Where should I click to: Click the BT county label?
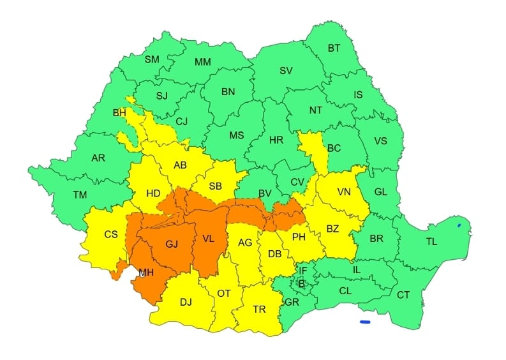coord(334,49)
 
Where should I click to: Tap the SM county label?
coord(152,59)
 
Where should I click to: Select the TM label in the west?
coord(80,196)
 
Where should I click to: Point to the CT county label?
coord(403,295)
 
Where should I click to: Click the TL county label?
coord(432,243)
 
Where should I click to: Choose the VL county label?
coord(209,239)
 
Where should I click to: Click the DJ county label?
coord(187,303)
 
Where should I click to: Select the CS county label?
coord(111,234)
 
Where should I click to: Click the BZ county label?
coord(333,228)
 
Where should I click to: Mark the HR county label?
coord(276,140)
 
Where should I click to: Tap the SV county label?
coord(286,70)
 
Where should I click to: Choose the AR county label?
coord(98,158)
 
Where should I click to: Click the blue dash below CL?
coord(365,322)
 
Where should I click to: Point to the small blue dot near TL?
coord(459,225)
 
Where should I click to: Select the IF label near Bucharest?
coord(303,270)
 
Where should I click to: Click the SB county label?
coord(215,186)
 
